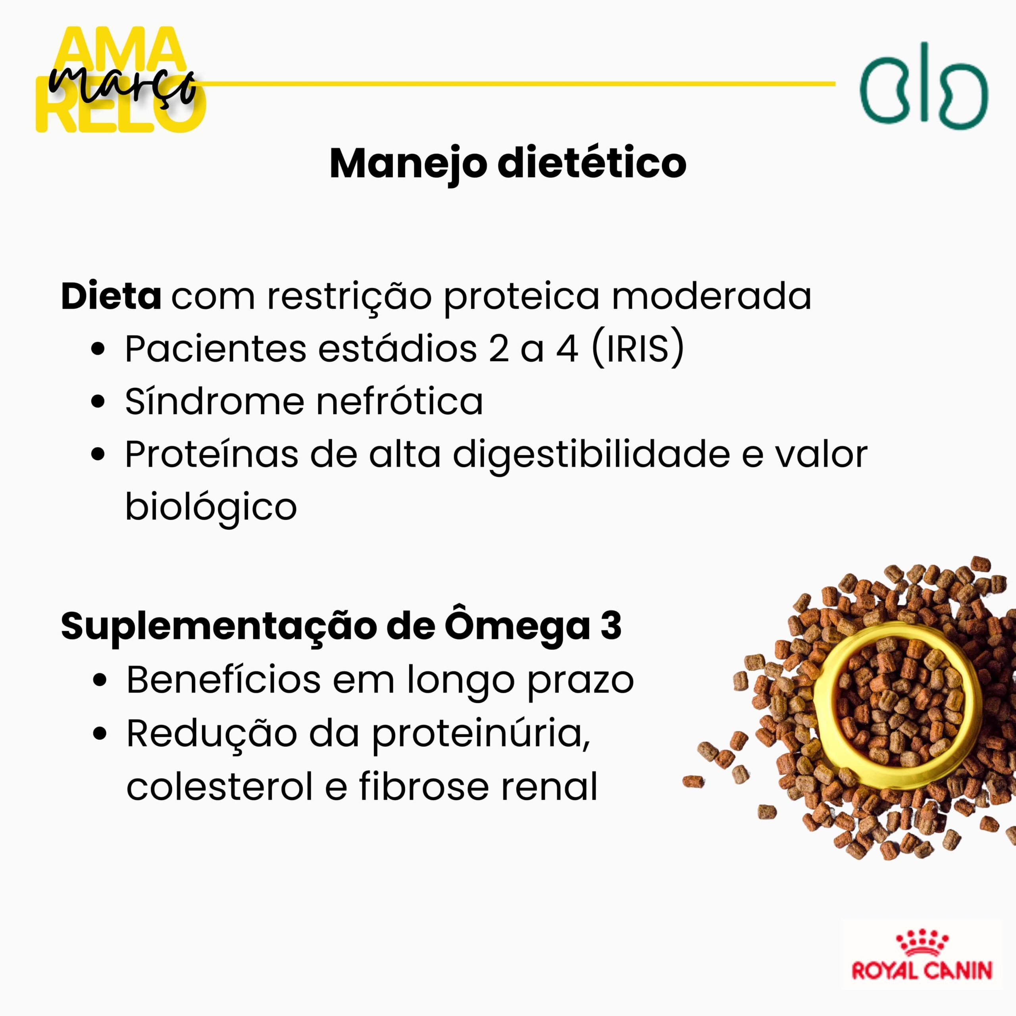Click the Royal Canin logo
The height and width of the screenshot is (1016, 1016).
922,962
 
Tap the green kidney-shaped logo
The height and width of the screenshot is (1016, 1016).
924,86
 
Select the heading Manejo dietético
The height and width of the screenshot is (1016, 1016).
508,164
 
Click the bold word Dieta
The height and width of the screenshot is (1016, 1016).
112,296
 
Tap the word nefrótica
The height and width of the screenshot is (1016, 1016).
400,402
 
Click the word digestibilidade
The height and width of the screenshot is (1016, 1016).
592,455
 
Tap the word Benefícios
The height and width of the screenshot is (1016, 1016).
223,679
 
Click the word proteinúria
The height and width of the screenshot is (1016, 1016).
481,734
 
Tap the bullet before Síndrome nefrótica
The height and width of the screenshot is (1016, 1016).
98,402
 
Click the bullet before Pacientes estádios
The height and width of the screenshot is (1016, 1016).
98,349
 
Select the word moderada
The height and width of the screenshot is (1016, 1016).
712,296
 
